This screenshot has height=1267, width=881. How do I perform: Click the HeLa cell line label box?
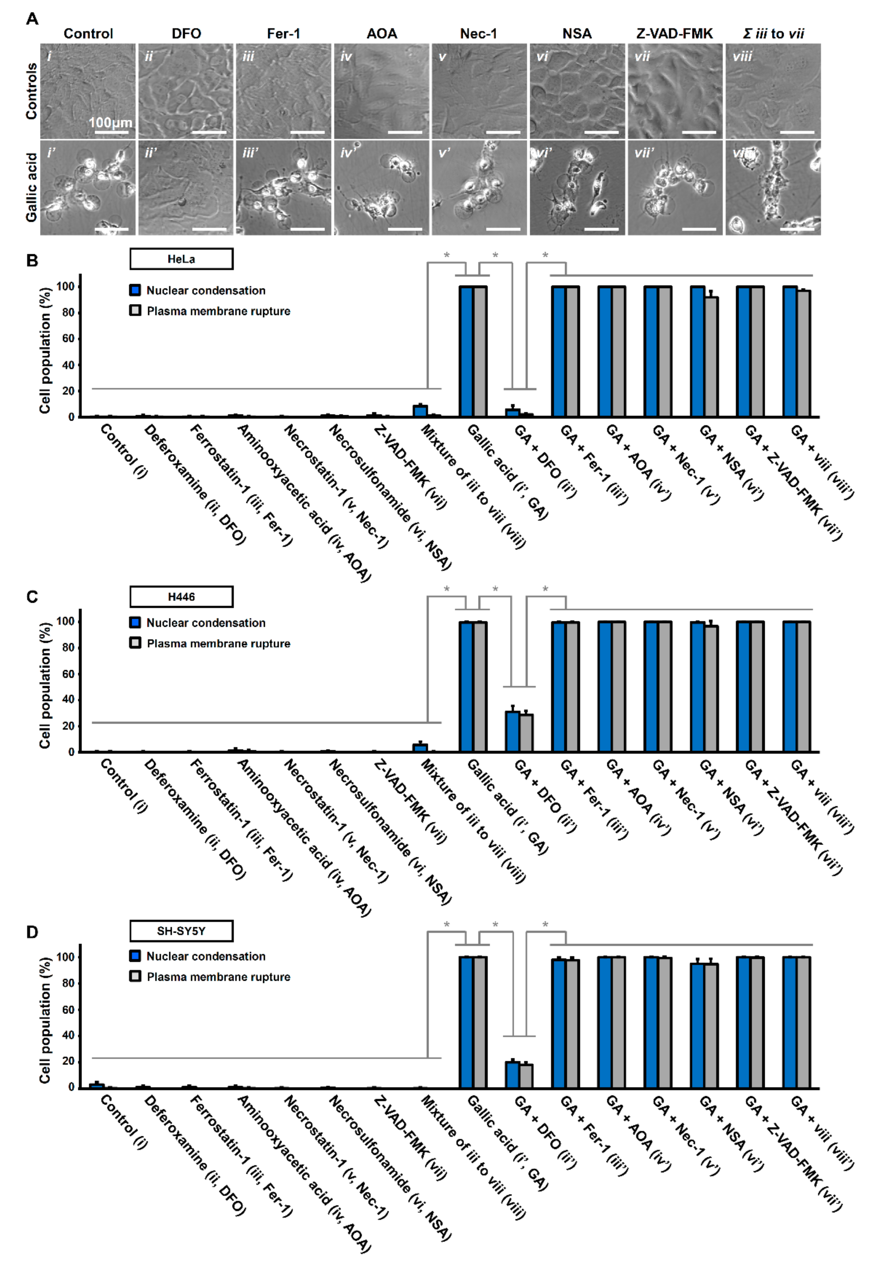coord(181,259)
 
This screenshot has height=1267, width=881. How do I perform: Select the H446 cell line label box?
coord(181,597)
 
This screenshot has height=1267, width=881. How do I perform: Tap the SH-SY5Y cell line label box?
coord(181,931)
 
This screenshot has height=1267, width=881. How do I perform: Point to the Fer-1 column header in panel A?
coord(284,34)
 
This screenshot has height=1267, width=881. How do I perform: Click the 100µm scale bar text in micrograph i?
coord(110,123)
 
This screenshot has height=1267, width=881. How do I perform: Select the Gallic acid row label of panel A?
coord(32,188)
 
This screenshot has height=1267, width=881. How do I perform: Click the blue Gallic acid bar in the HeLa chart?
coord(466,351)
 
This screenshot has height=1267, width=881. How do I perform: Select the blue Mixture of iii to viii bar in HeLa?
coord(420,411)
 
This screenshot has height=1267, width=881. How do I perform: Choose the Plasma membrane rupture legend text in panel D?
coord(219,977)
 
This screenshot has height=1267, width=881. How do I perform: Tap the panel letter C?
coord(32,597)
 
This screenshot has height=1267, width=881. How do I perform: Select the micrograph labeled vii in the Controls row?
coord(675,91)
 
